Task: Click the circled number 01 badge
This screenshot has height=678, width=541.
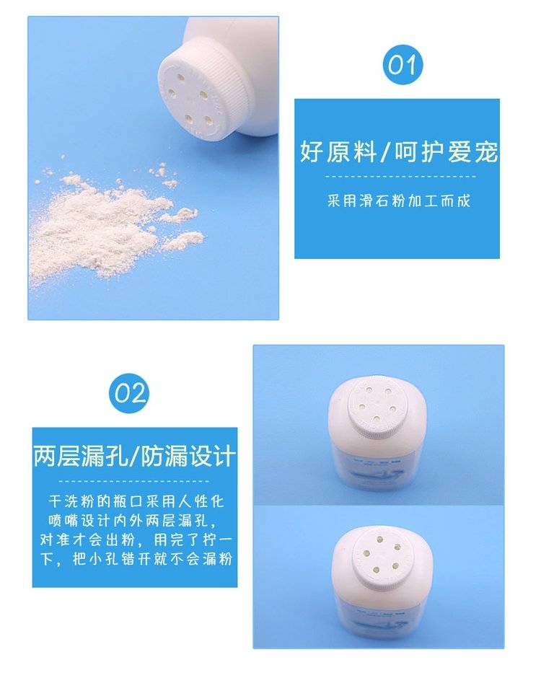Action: [x=403, y=65]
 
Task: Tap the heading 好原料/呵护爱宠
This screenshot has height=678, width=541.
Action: [x=398, y=151]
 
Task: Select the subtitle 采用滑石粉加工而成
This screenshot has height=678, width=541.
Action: [x=398, y=201]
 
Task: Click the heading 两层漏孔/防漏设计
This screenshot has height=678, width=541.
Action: [x=134, y=456]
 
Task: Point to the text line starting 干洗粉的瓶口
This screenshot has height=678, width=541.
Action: [x=136, y=501]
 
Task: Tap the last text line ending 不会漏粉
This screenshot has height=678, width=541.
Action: [x=136, y=559]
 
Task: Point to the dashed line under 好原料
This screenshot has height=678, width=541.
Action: [x=400, y=177]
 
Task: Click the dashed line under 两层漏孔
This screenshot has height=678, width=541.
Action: [x=134, y=481]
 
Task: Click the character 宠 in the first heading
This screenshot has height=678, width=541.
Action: [x=485, y=151]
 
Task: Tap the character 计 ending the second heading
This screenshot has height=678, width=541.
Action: [x=224, y=456]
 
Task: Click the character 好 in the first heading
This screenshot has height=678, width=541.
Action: [x=312, y=151]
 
